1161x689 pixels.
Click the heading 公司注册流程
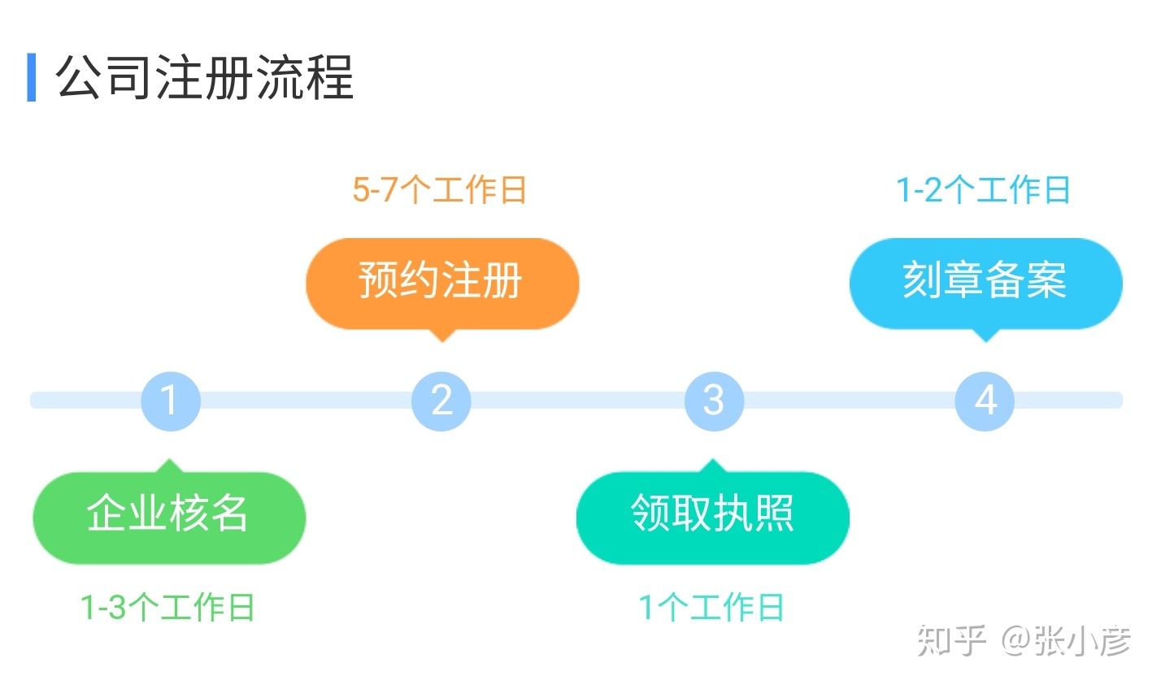pyautogui.click(x=204, y=78)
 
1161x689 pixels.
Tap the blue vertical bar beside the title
pyautogui.click(x=32, y=78)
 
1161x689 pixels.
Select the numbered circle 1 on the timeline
pyautogui.click(x=170, y=401)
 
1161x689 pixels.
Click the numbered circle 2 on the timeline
pyautogui.click(x=441, y=401)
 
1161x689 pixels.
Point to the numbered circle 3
pyautogui.click(x=713, y=401)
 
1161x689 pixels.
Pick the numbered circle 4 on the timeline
pyautogui.click(x=985, y=401)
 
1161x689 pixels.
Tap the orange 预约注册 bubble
pyautogui.click(x=441, y=282)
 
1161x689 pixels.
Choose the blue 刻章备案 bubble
pyautogui.click(x=985, y=282)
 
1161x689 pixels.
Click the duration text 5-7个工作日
pyautogui.click(x=440, y=190)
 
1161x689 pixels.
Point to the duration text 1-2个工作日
pyautogui.click(x=983, y=190)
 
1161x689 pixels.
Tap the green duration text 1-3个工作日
pyautogui.click(x=167, y=608)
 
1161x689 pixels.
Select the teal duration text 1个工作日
pyautogui.click(x=711, y=608)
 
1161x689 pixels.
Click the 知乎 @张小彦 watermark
pyautogui.click(x=1024, y=641)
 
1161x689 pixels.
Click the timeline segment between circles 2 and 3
pyautogui.click(x=577, y=401)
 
